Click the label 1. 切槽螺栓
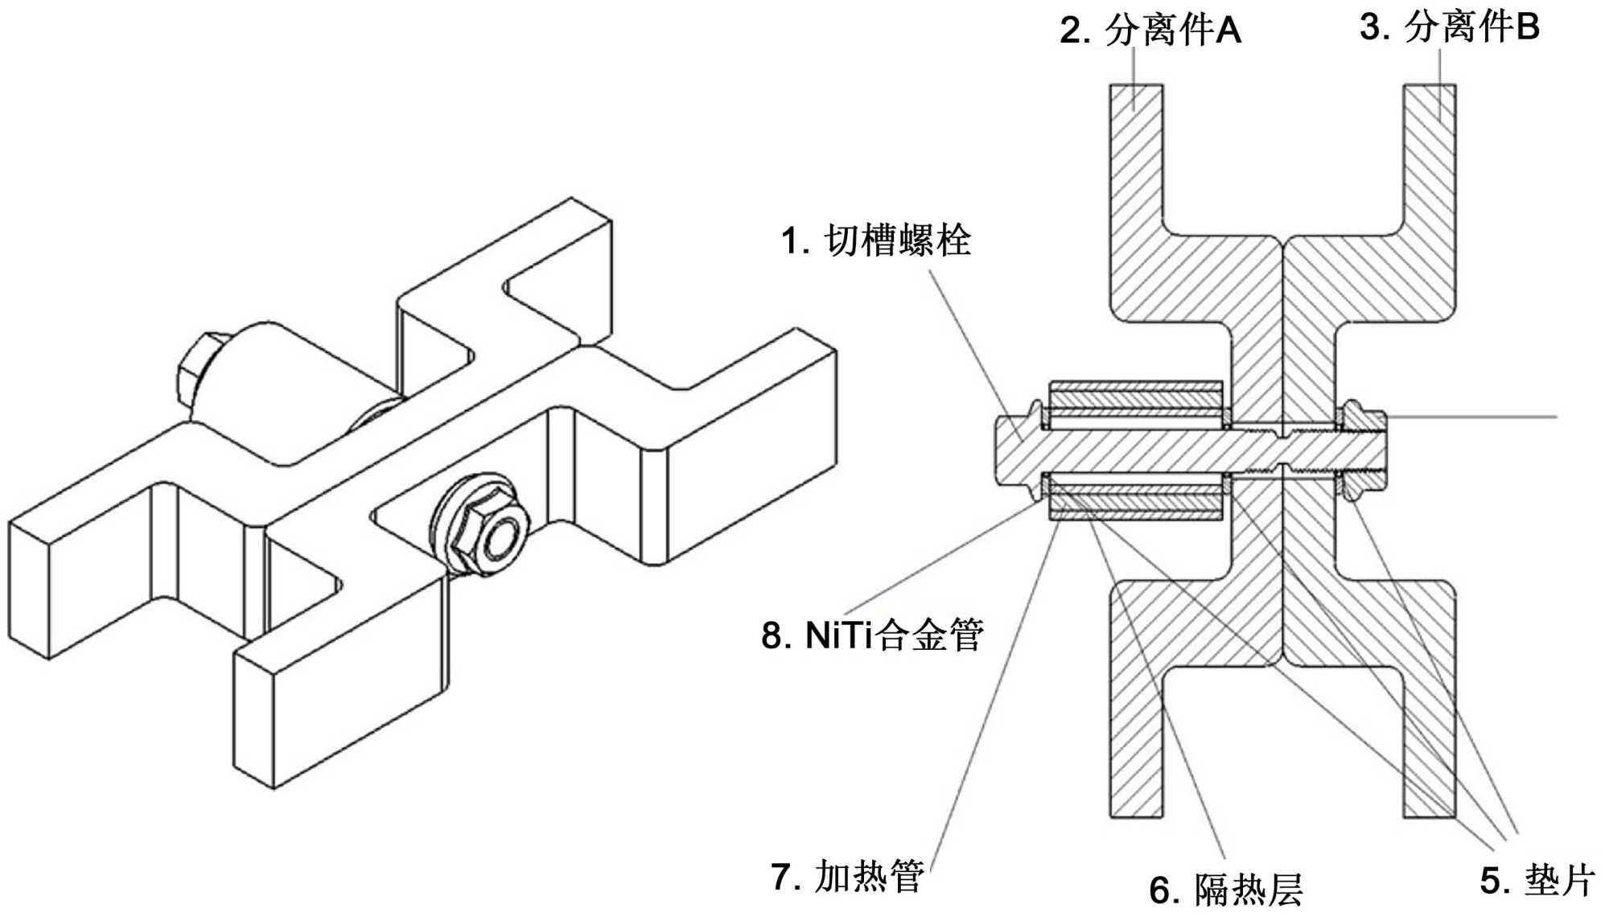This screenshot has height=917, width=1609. point(876,241)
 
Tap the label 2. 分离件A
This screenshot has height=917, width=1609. point(1150,31)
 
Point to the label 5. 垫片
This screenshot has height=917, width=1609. point(1537,880)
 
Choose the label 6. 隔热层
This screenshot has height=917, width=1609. point(1226,890)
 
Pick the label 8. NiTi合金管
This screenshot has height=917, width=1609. point(873,635)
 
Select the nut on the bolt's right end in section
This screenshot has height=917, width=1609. point(1364,450)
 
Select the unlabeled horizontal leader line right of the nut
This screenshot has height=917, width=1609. point(1472,417)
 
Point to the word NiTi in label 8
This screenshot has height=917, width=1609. point(839,636)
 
